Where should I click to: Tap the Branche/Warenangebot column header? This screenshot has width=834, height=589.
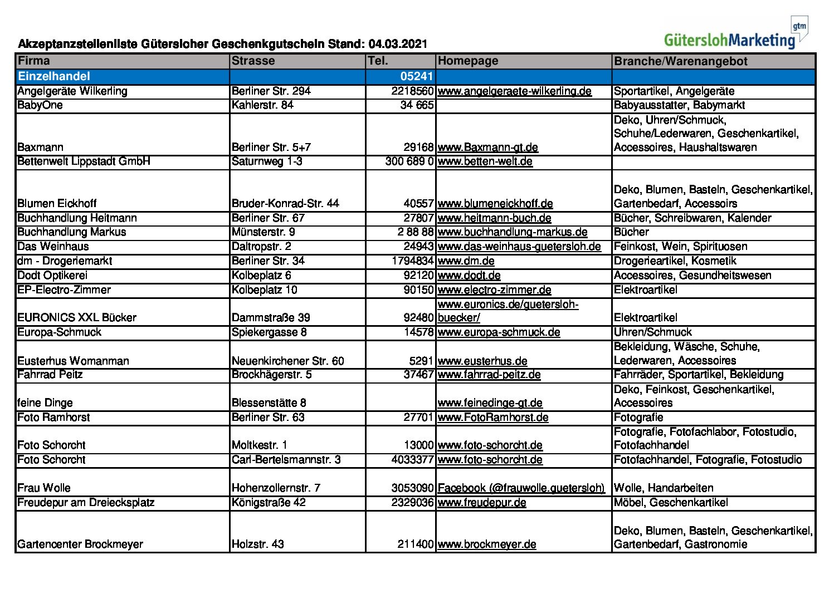point(680,61)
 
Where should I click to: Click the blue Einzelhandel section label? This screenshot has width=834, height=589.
point(53,76)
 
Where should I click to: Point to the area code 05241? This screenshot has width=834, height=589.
point(416,77)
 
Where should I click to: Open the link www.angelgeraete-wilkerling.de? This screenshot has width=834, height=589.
point(514,91)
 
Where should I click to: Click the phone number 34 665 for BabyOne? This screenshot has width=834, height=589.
point(417,105)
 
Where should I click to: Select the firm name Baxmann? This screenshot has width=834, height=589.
point(40,148)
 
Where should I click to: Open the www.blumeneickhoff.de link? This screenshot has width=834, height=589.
point(495,204)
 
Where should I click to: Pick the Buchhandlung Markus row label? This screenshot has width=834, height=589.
point(71,232)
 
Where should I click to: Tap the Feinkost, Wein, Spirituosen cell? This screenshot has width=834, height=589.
point(680,247)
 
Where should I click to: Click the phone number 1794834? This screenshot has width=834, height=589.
point(412,261)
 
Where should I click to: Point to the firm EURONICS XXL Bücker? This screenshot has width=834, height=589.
point(77,318)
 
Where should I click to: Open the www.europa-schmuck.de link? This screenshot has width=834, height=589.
point(499,332)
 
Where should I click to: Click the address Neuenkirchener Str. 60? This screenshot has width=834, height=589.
point(287,361)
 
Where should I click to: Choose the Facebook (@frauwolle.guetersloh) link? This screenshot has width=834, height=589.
point(520,488)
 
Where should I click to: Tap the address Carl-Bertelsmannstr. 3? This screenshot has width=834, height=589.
point(286,460)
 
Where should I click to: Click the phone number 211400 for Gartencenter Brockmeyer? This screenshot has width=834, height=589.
point(415,544)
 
